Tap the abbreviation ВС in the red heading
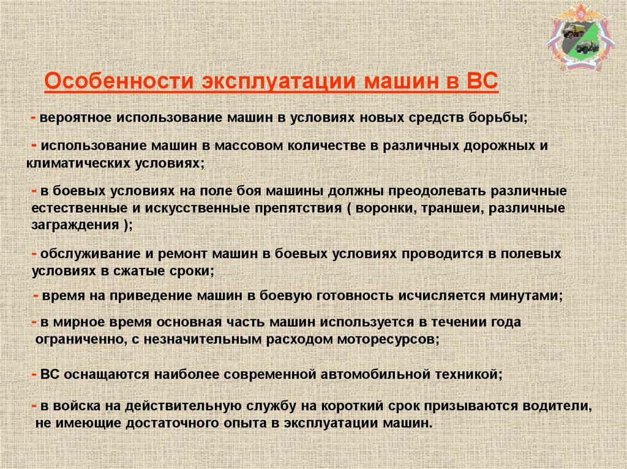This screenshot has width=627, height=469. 482,82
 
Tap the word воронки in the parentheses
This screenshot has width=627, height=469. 383,208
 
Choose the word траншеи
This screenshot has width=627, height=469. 448,208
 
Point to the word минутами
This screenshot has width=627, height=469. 524,295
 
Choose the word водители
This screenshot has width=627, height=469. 560,407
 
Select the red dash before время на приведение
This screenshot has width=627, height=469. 36,295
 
